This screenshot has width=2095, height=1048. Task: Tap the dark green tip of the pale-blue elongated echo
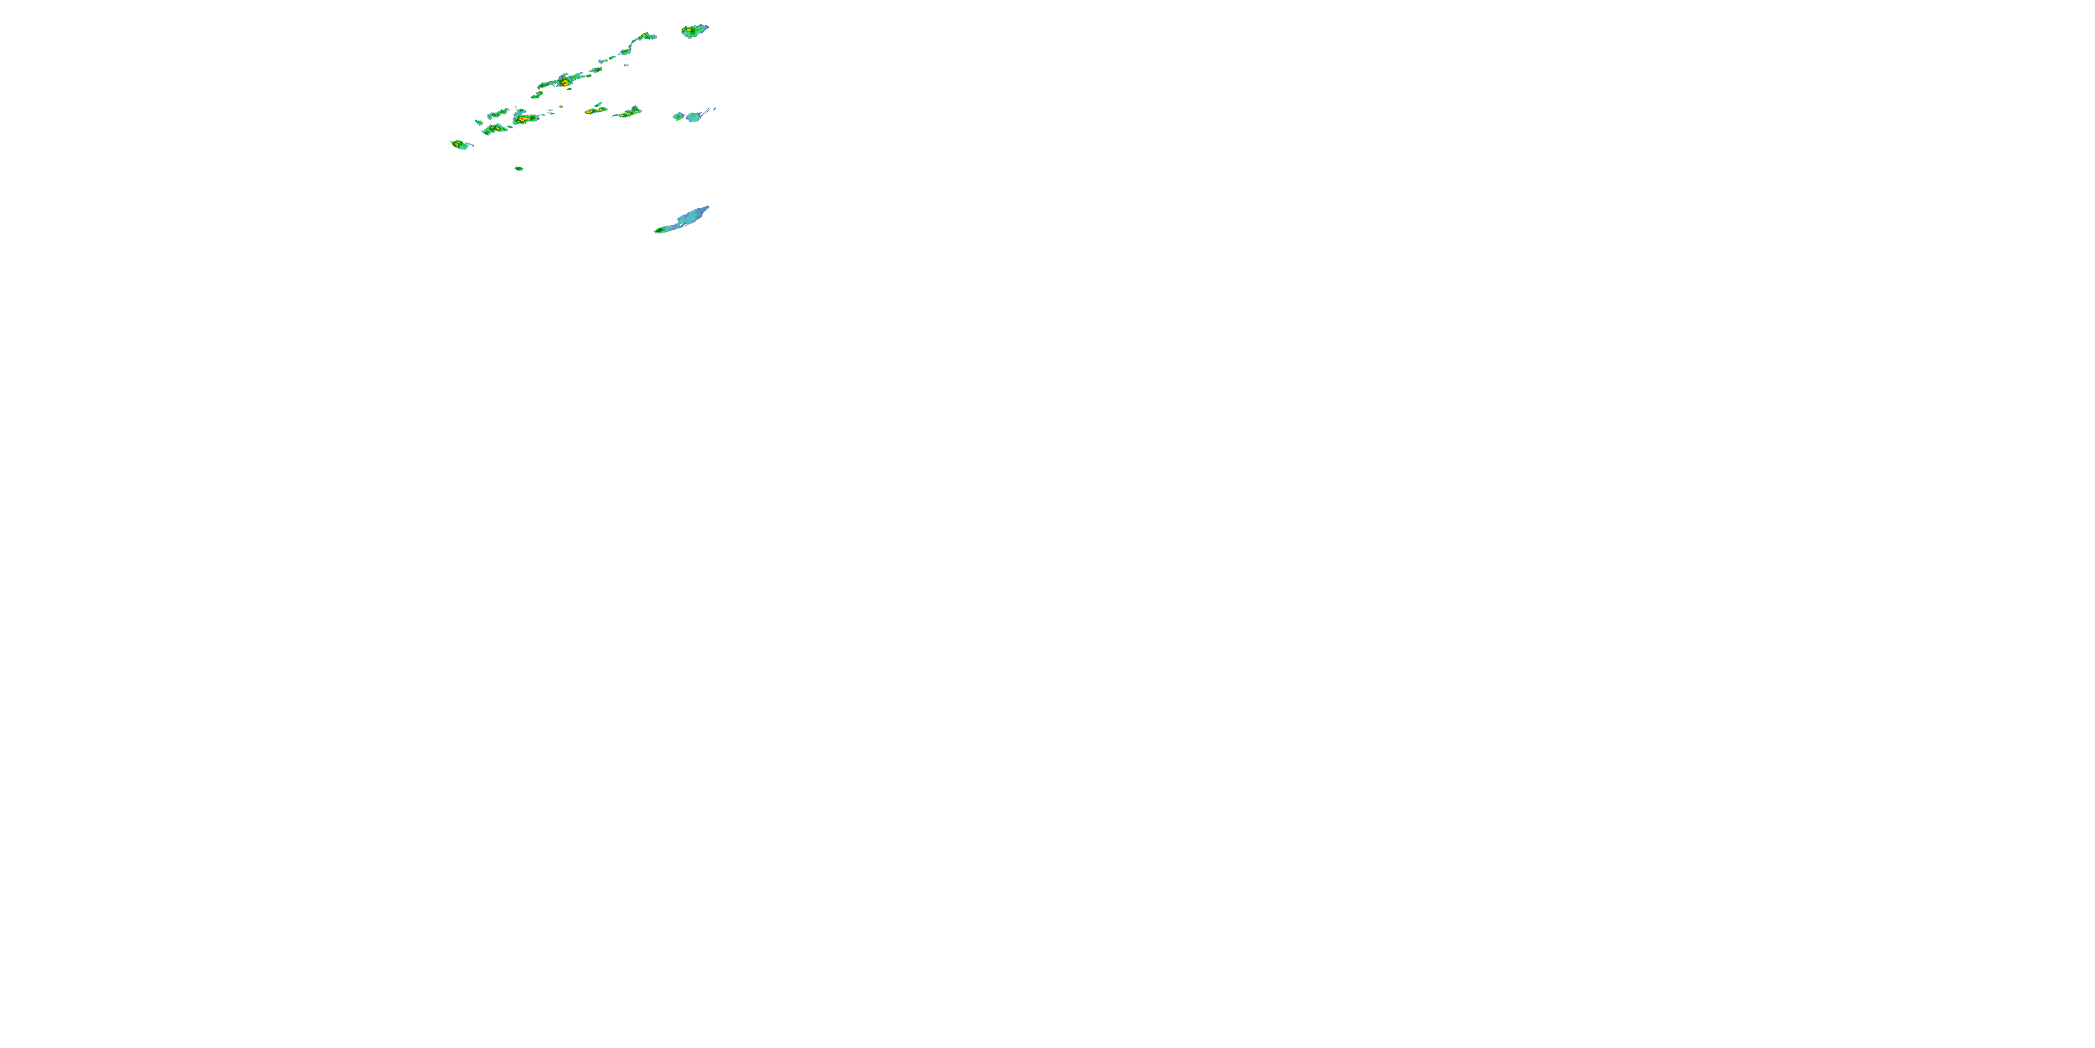tap(659, 231)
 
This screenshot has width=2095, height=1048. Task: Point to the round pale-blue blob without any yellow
tap(693, 117)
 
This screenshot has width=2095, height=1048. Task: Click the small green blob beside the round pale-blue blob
tap(677, 117)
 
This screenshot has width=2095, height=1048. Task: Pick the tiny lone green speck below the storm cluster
tap(518, 168)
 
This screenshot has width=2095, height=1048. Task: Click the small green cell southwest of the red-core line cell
tap(537, 94)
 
